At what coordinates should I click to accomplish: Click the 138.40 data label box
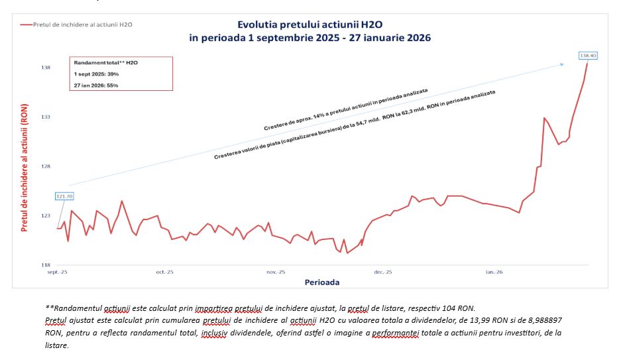click(x=588, y=56)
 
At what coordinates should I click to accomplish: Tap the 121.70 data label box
click(x=65, y=196)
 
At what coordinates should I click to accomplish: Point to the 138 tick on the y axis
click(x=46, y=68)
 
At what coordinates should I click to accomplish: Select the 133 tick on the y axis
click(x=46, y=117)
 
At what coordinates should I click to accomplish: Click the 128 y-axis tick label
click(x=46, y=166)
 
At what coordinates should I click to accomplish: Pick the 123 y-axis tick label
click(x=46, y=215)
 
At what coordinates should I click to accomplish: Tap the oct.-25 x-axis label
click(x=164, y=272)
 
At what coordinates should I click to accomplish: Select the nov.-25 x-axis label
click(x=276, y=272)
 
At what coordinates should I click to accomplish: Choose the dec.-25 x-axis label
click(x=383, y=272)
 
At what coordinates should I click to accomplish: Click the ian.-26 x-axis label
click(x=494, y=272)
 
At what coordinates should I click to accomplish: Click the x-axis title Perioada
click(x=322, y=282)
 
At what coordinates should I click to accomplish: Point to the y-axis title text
click(x=25, y=171)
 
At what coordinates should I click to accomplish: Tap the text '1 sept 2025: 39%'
click(x=96, y=74)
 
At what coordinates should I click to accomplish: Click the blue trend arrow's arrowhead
click(x=561, y=64)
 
